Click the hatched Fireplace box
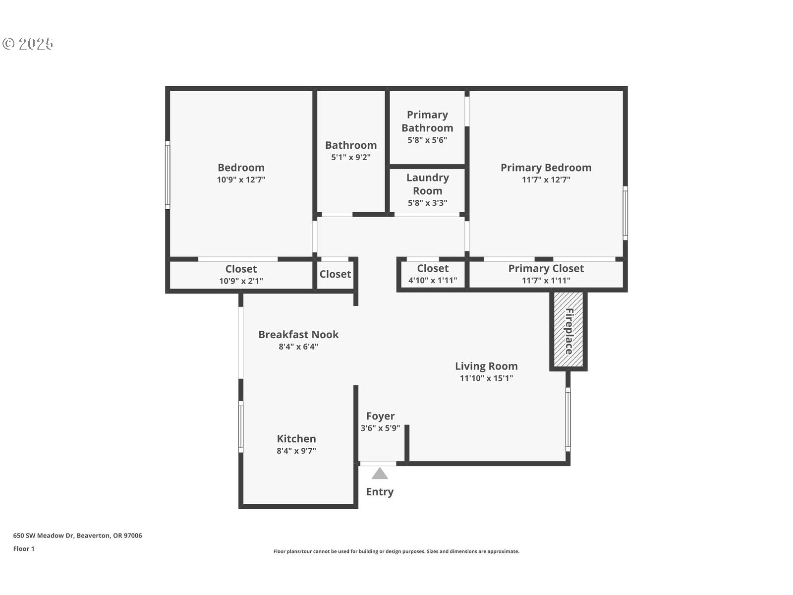click(x=568, y=330)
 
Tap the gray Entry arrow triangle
click(x=380, y=474)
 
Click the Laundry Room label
click(x=427, y=184)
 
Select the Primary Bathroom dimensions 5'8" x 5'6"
click(x=427, y=140)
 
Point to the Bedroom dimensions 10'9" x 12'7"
click(x=241, y=180)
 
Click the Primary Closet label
click(x=546, y=268)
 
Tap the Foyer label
click(x=380, y=416)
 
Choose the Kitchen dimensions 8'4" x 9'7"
click(x=296, y=451)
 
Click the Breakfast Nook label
click(x=298, y=334)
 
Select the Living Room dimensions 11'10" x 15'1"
click(x=486, y=378)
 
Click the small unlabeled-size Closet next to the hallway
click(x=335, y=274)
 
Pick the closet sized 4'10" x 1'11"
click(x=432, y=281)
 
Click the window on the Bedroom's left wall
click(x=168, y=175)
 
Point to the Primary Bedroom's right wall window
click(x=625, y=213)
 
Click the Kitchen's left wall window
click(x=241, y=426)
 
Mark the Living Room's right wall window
click(x=568, y=419)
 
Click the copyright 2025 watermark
click(x=28, y=44)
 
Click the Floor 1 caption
click(x=24, y=549)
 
